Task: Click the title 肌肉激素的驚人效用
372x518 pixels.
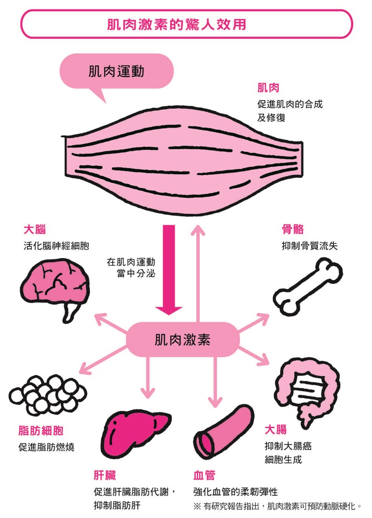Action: [186, 24]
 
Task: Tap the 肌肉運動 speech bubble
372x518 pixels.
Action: [116, 72]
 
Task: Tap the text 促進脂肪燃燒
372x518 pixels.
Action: [46, 447]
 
